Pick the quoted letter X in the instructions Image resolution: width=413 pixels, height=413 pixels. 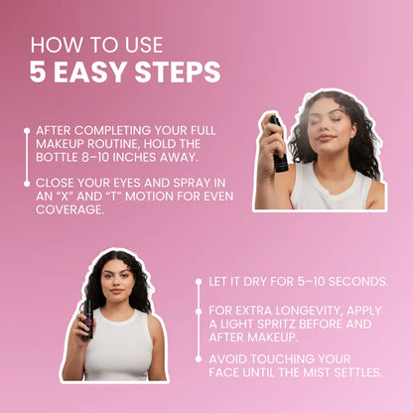tap(65, 196)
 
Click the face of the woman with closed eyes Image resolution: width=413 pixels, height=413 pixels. tap(334, 124)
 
